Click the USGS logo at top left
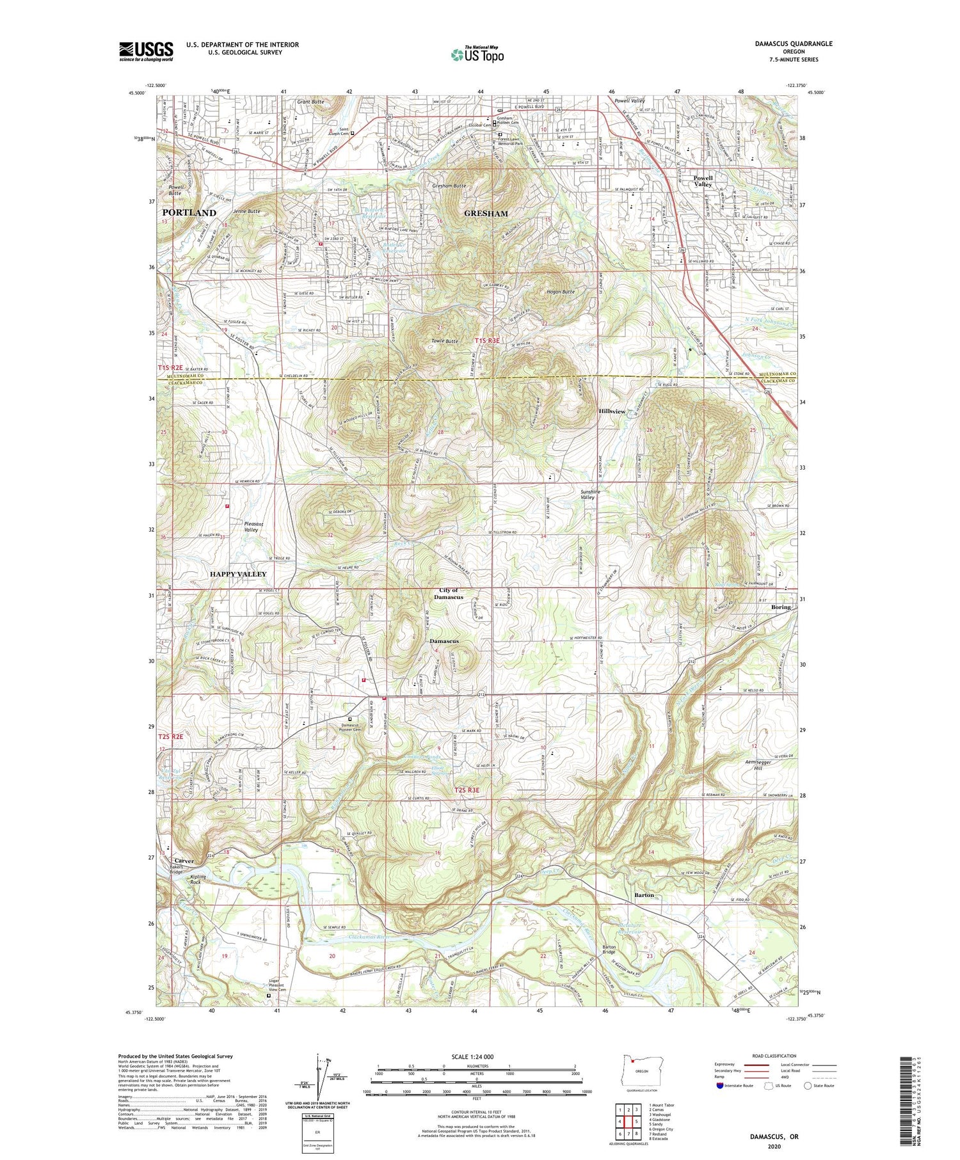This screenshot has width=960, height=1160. coord(146,51)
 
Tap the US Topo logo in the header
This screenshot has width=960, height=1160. coord(477,54)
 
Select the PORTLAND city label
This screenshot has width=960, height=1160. coord(189,212)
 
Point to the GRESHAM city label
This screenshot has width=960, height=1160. coord(486,214)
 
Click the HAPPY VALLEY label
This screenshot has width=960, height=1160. coord(238,574)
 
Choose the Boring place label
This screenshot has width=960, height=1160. coord(781,607)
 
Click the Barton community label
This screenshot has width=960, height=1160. coord(644,894)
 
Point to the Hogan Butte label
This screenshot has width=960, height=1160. coord(561,292)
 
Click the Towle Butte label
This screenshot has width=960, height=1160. coord(444,341)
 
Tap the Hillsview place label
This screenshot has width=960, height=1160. coord(612,411)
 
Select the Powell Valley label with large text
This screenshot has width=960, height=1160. coord(703,180)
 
